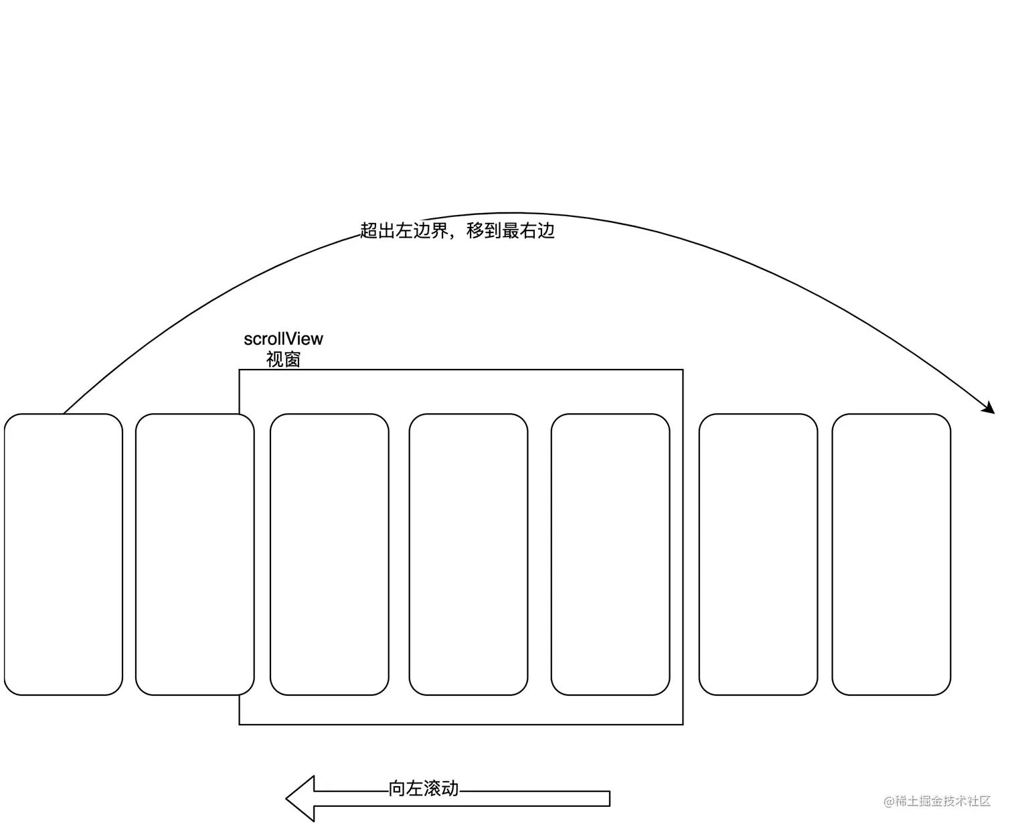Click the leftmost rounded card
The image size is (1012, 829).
[64, 554]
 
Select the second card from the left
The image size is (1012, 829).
[195, 554]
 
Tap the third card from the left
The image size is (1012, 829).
[329, 554]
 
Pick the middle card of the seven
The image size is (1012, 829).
[469, 554]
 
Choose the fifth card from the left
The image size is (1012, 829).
[610, 554]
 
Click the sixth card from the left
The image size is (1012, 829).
[758, 554]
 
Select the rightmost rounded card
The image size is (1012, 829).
[892, 554]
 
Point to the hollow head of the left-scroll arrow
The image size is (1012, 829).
[302, 798]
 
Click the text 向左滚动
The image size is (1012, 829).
[424, 789]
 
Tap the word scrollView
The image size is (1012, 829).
[283, 339]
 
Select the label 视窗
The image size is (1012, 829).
[283, 360]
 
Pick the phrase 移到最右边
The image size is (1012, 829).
[511, 231]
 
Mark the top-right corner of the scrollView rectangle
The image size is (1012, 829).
[683, 370]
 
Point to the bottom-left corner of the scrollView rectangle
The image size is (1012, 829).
[240, 724]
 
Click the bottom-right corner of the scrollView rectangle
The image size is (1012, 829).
[683, 724]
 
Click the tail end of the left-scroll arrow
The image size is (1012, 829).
[608, 798]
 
